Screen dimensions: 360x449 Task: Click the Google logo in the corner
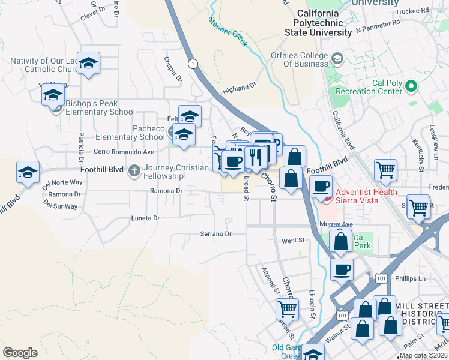click(20, 352)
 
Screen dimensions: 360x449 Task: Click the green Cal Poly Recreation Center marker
click(412, 86)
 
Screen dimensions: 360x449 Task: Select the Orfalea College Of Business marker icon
click(337, 58)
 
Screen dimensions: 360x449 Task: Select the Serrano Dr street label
click(215, 233)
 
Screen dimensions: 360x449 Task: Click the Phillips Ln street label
click(410, 278)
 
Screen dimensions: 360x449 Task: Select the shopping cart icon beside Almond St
click(288, 308)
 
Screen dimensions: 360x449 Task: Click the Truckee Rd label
click(417, 11)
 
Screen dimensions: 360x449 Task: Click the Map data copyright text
click(423, 355)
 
